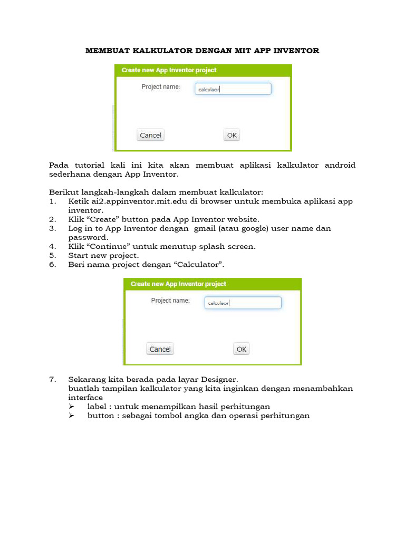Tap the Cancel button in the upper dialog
pos(150,135)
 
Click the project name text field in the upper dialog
pos(233,89)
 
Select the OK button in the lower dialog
pos(242,349)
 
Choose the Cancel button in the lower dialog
pos(160,349)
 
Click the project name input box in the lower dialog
pos(243,303)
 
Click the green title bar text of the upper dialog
pos(169,70)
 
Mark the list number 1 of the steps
pos(52,201)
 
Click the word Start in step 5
pos(79,255)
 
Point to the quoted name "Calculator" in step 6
pos(207,264)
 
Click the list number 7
pos(52,379)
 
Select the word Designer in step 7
pos(216,379)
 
